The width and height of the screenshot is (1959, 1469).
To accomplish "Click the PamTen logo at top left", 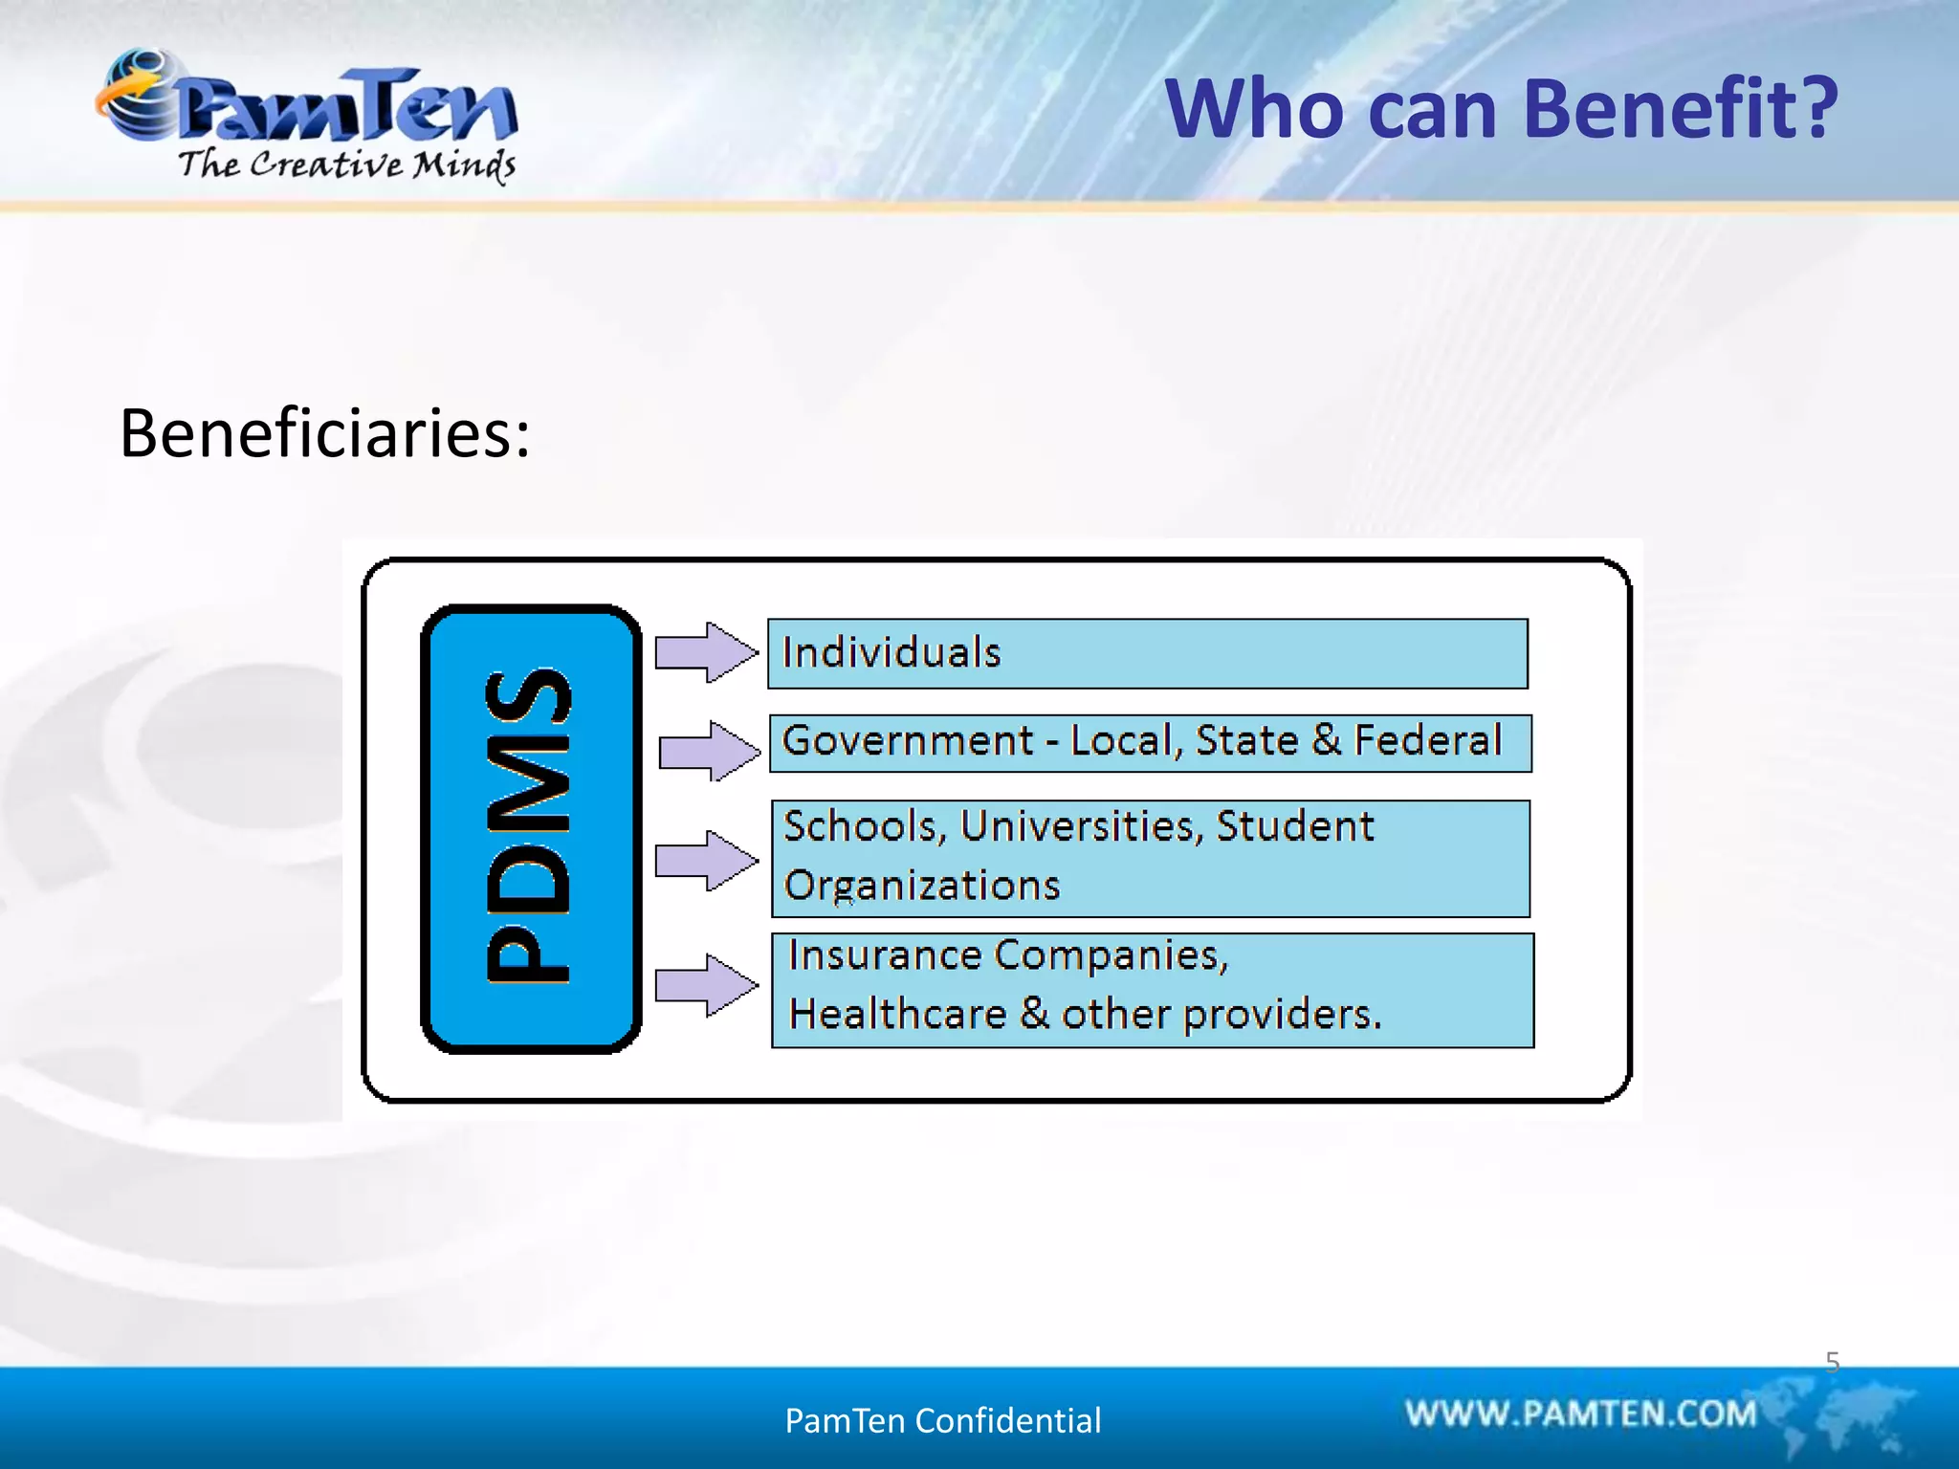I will pyautogui.click(x=306, y=105).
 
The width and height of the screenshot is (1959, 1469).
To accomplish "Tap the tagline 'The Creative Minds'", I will pyautogui.click(x=346, y=165).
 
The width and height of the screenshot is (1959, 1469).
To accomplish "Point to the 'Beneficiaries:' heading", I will pyautogui.click(x=324, y=433).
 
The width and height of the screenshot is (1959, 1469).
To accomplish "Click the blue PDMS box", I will pyautogui.click(x=531, y=828).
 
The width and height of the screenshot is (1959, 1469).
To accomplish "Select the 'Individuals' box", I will pyautogui.click(x=1147, y=653).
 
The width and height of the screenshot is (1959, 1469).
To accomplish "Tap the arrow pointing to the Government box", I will pyautogui.click(x=709, y=751).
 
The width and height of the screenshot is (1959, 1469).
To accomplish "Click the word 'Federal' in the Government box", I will pyautogui.click(x=1427, y=740).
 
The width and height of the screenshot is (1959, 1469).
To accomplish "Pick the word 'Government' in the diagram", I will pyautogui.click(x=907, y=741).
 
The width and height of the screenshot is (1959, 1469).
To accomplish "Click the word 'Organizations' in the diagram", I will pyautogui.click(x=921, y=886).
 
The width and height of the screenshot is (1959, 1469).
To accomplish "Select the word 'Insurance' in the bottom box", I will pyautogui.click(x=885, y=955).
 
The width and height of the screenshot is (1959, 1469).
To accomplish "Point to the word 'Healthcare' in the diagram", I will pyautogui.click(x=897, y=1014).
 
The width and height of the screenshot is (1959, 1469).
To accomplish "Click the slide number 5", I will pyautogui.click(x=1832, y=1361).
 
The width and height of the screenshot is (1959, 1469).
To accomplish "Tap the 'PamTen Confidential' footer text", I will pyautogui.click(x=942, y=1420).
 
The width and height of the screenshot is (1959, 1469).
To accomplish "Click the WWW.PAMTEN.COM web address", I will pyautogui.click(x=1580, y=1414).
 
